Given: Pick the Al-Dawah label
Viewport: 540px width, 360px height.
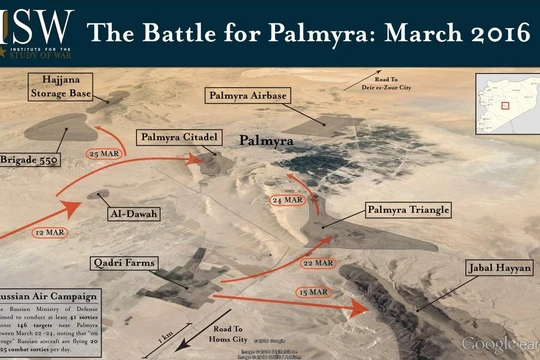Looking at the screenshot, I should (x=133, y=213).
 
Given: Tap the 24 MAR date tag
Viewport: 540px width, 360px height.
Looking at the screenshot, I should (x=287, y=200).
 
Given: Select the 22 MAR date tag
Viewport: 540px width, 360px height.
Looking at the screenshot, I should (x=317, y=262).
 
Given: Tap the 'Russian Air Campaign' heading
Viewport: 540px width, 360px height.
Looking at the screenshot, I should (x=45, y=296).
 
